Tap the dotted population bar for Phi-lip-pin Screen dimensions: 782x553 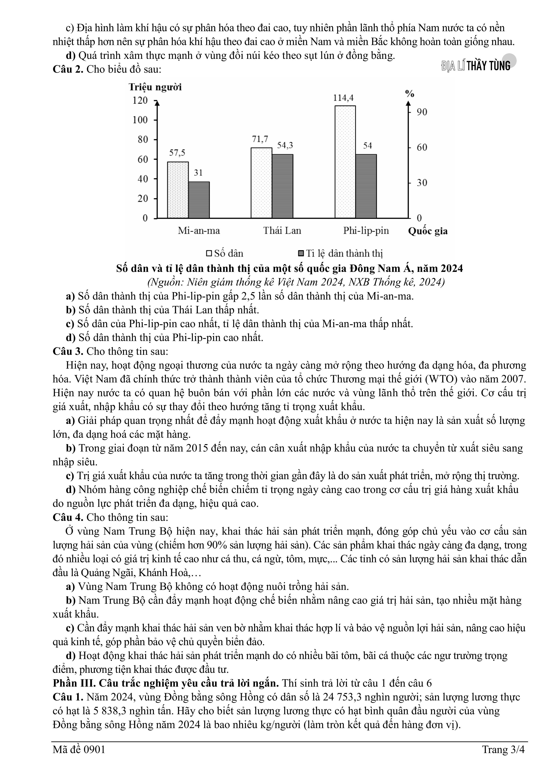(x=345, y=162)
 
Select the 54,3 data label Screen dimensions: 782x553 (x=285, y=146)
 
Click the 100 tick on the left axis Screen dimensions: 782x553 (x=140, y=120)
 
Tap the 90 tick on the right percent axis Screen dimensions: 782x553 (x=422, y=112)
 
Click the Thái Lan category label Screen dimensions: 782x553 (x=282, y=231)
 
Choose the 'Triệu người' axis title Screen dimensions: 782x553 (x=155, y=87)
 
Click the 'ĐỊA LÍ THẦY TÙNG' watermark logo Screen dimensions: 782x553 (x=476, y=66)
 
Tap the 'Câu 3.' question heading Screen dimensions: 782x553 (x=68, y=351)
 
